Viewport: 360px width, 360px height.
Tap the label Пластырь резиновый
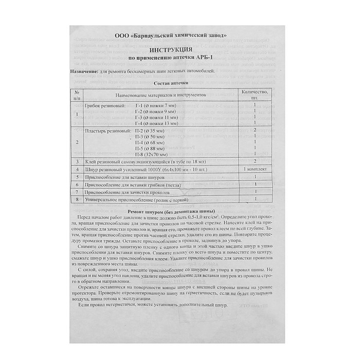coord(107,131)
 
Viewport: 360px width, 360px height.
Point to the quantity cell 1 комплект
coord(254,169)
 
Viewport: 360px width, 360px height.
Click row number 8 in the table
coord(77,199)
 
